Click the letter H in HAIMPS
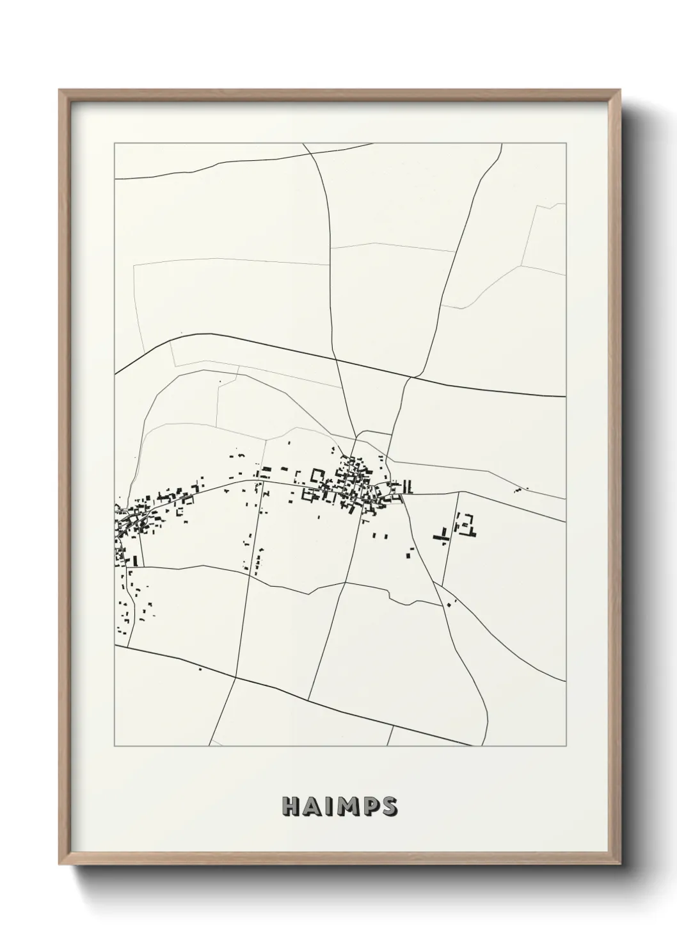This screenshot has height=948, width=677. click(x=291, y=807)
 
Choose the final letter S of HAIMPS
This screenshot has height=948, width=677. click(x=386, y=807)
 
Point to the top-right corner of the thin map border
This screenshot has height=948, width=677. click(x=566, y=143)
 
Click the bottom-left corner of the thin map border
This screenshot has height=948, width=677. click(x=115, y=746)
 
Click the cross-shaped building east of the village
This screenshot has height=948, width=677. click(x=441, y=535)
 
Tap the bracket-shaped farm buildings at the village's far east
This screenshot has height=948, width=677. click(x=466, y=525)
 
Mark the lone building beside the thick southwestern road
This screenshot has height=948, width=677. click(x=200, y=669)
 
